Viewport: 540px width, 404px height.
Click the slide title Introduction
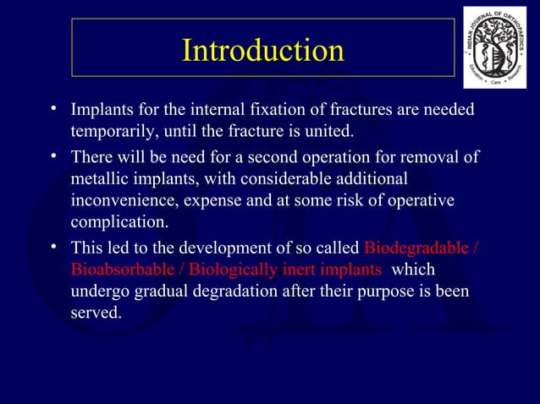(x=263, y=50)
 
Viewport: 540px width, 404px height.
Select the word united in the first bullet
(x=328, y=131)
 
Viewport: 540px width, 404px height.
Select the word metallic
(x=101, y=179)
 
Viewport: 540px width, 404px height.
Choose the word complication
(x=119, y=223)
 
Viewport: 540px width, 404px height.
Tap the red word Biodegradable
(x=415, y=248)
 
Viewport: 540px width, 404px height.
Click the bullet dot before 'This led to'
(x=53, y=246)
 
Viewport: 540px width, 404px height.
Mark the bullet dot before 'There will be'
(x=53, y=155)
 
